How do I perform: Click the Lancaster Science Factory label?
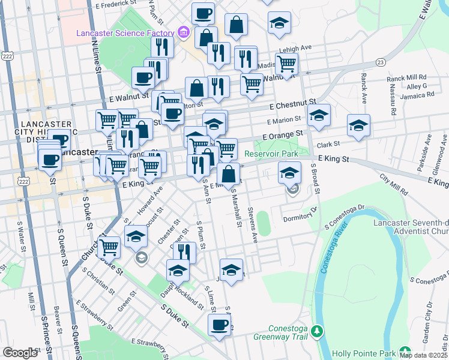click(124, 32)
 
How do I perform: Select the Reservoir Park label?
click(271, 154)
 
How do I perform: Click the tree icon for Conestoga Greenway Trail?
click(321, 331)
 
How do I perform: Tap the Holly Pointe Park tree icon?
click(406, 352)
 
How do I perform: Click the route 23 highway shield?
click(381, 62)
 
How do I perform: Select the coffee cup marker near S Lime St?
click(219, 325)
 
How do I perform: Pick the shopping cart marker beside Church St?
click(109, 245)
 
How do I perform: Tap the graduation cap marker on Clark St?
click(358, 125)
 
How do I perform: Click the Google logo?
click(20, 353)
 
